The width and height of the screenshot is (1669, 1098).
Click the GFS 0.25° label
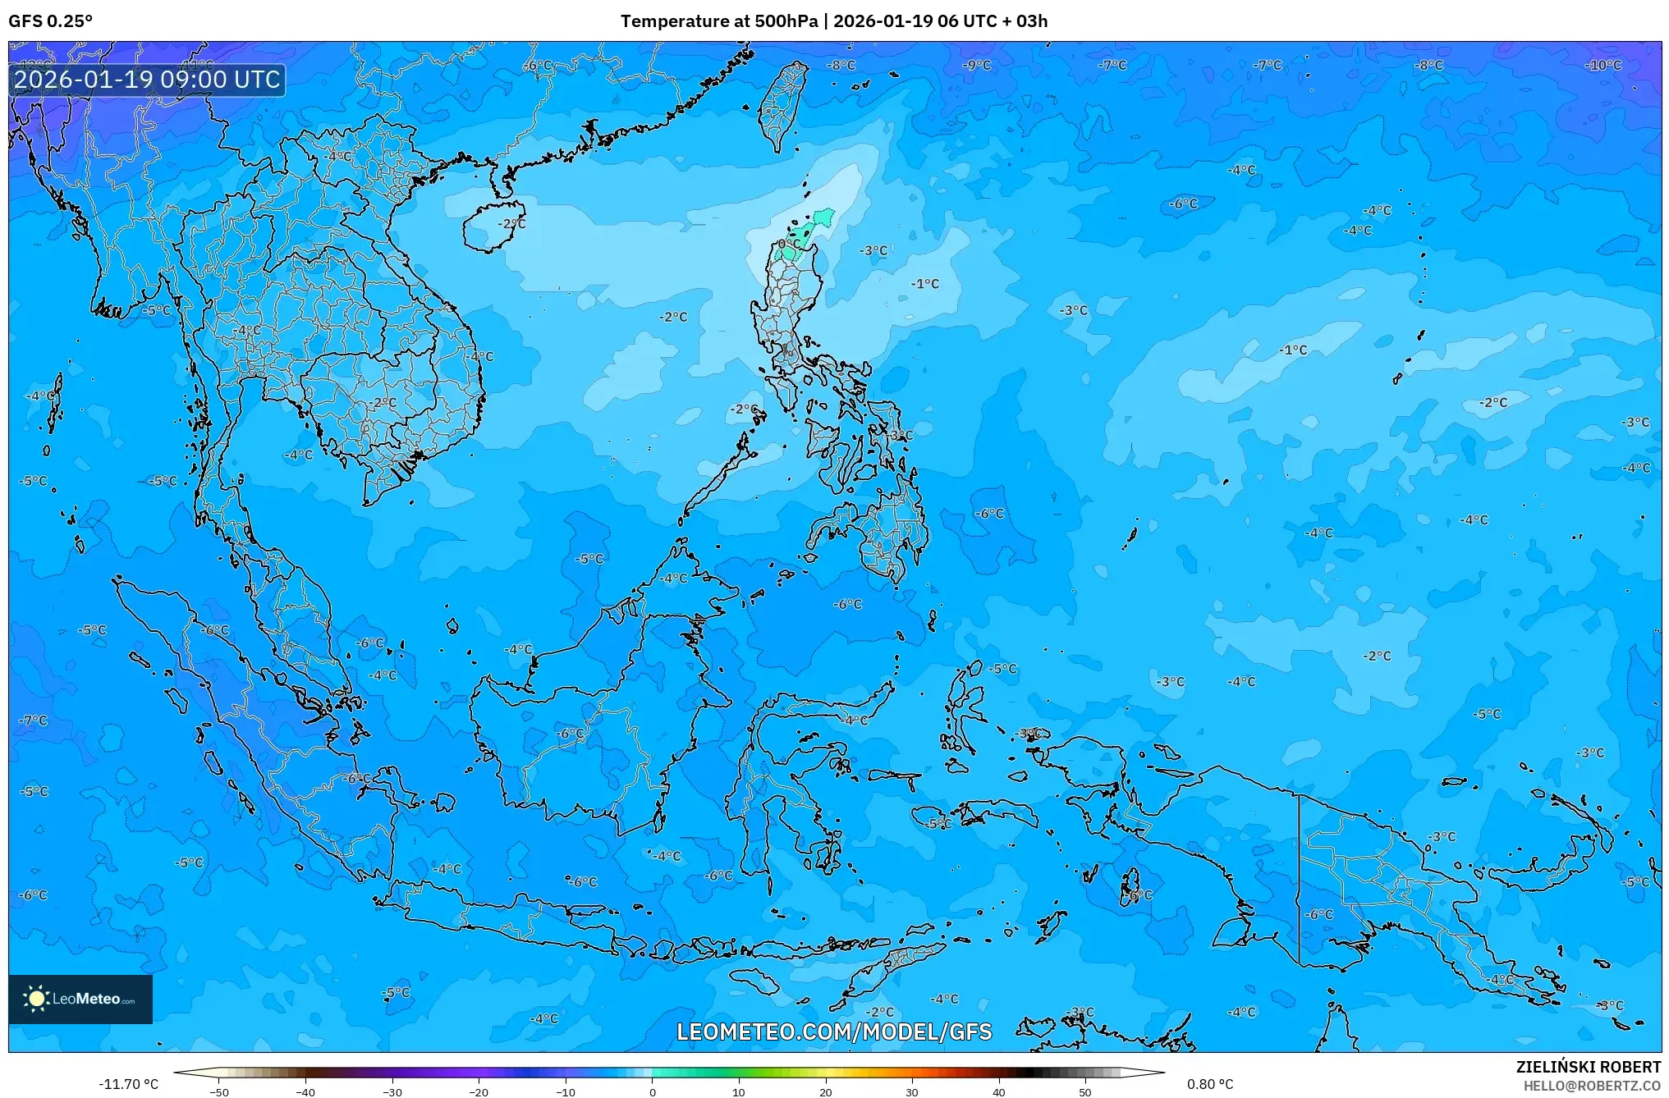50,21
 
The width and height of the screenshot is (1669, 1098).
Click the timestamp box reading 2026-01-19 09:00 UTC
147,80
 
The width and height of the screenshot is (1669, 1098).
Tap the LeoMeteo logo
80,999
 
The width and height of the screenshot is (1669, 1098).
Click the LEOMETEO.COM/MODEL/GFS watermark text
834,1032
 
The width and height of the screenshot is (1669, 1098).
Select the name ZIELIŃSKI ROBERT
1588,1067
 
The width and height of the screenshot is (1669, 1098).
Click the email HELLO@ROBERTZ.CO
1592,1086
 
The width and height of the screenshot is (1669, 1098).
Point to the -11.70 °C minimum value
128,1084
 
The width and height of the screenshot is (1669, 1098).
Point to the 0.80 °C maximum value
1209,1084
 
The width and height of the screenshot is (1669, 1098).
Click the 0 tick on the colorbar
653,1091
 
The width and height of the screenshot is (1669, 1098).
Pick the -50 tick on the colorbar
219,1091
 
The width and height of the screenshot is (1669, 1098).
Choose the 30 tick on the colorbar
912,1091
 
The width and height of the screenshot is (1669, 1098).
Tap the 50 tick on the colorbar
1085,1091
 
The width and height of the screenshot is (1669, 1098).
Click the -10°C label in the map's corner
1603,66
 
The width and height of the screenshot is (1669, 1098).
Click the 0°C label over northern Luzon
789,245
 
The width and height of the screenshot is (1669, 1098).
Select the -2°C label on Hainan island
511,223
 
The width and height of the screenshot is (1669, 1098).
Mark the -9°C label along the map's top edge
977,66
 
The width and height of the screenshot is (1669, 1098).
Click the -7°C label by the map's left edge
34,721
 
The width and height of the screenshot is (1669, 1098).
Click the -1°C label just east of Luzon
924,284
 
